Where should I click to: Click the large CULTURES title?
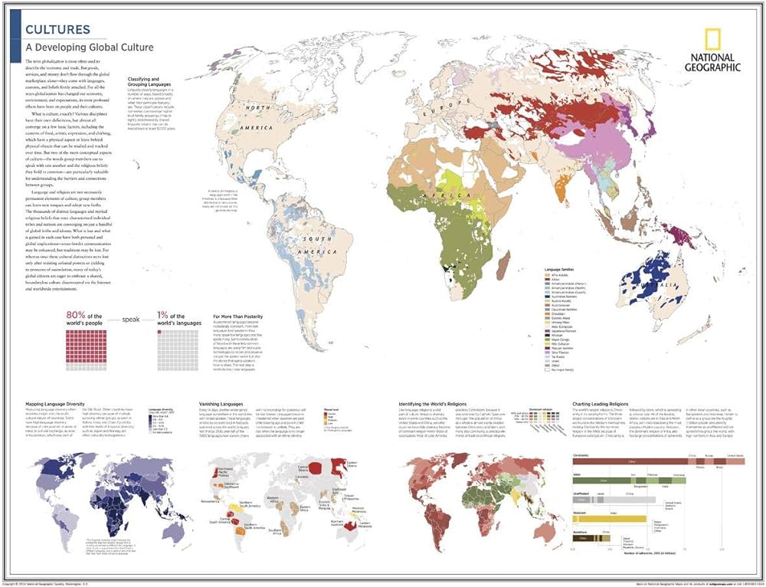click(58, 30)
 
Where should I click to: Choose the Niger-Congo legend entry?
click(560, 339)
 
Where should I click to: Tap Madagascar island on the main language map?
click(503, 269)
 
